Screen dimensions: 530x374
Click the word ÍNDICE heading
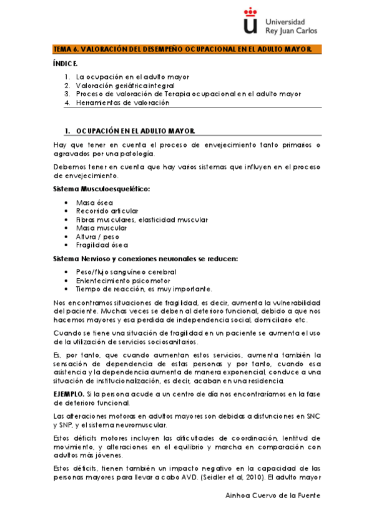tap(66, 64)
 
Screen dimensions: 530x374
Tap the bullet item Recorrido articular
tap(107, 211)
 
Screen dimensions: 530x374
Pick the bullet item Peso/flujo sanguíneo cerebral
tap(126, 272)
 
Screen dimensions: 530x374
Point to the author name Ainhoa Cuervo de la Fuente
tap(272, 495)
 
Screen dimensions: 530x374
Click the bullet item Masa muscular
tap(101, 228)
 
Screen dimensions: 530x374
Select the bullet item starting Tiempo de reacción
tap(144, 289)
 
